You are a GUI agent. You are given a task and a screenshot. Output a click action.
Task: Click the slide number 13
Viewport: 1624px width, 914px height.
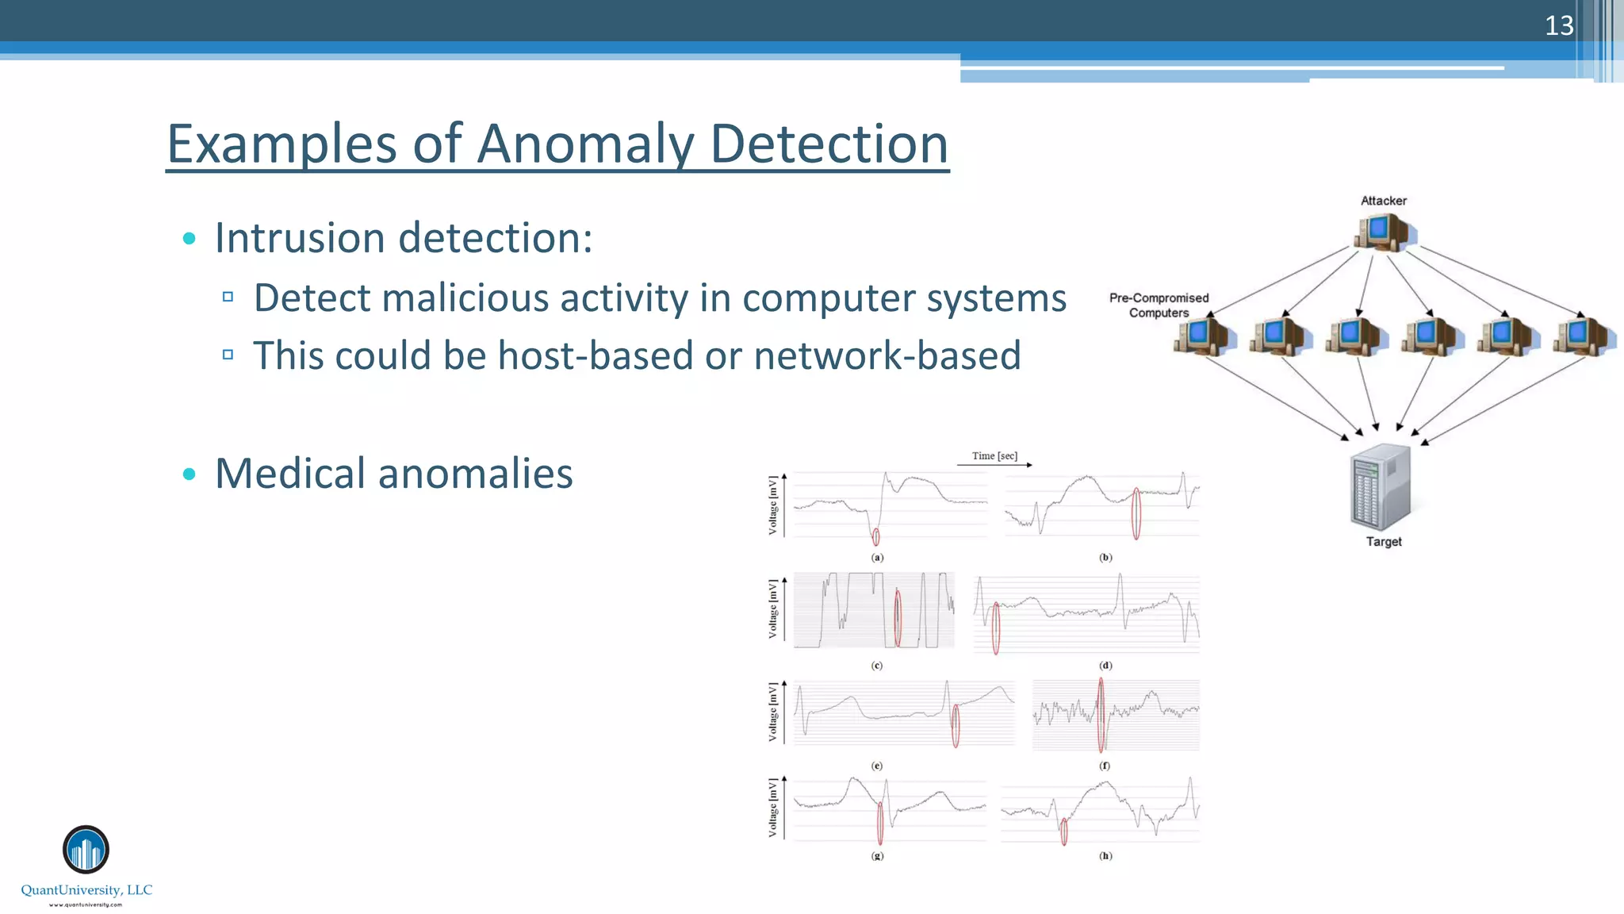click(1558, 25)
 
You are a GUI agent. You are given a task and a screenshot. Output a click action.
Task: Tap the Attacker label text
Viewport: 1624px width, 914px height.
click(1383, 201)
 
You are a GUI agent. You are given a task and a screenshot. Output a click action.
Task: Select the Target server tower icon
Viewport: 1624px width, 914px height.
click(1381, 487)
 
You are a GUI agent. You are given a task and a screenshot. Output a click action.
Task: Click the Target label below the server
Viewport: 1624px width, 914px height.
click(1384, 542)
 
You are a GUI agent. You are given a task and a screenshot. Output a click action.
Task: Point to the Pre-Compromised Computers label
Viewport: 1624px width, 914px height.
click(1159, 305)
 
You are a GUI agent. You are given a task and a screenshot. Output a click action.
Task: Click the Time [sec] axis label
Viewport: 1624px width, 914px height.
click(994, 456)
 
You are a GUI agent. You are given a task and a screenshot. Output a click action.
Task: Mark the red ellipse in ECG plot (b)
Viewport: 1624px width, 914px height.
click(1136, 513)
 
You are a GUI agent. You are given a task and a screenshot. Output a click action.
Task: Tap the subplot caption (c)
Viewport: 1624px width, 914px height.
click(877, 666)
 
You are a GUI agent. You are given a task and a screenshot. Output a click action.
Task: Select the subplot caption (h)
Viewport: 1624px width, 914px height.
click(1105, 856)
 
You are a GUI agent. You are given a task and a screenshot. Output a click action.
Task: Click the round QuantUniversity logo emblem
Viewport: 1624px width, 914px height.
click(86, 850)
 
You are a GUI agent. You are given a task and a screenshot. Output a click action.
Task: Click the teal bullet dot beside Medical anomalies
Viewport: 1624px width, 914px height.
click(189, 474)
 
